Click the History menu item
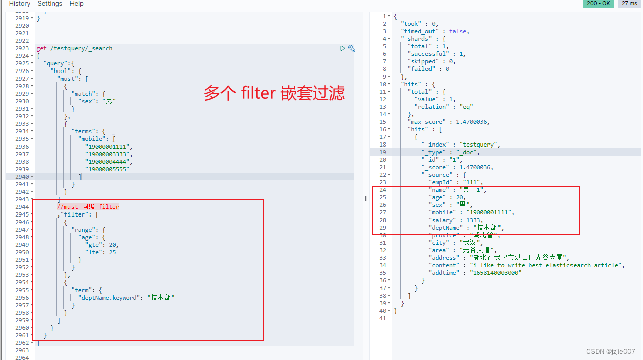20,4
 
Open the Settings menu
50,4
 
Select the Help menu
77,4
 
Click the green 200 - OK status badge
598,4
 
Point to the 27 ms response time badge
629,4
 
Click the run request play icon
343,48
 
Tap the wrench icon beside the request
352,48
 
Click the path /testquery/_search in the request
81,48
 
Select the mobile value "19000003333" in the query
108,154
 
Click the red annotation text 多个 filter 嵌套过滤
274,93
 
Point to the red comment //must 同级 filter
88,207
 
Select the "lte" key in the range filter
94,252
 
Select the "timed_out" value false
458,31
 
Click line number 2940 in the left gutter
22,177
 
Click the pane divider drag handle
366,198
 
